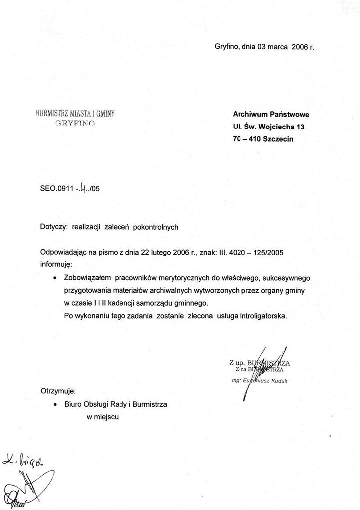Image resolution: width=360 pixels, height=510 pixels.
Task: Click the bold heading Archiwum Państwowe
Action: tap(270, 115)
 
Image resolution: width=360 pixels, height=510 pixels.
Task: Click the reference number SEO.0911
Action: tap(56, 189)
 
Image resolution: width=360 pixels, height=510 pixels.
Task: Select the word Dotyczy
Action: tap(53, 226)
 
